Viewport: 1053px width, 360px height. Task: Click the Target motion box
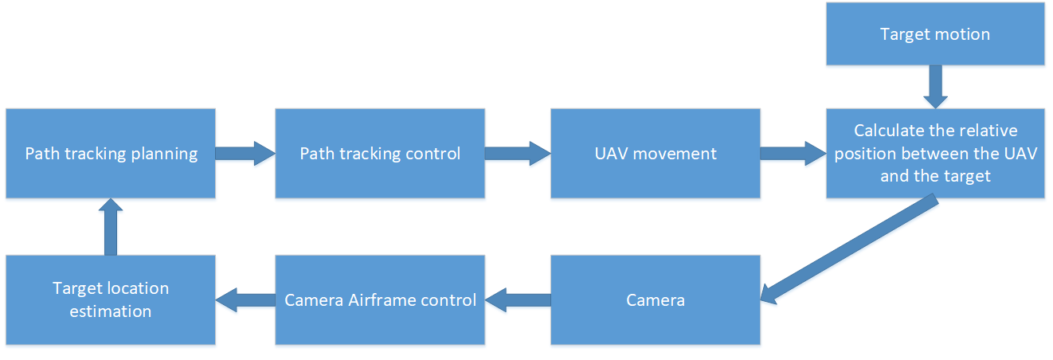(935, 33)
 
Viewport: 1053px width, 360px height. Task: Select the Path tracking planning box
(111, 153)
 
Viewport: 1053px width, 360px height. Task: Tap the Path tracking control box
(380, 153)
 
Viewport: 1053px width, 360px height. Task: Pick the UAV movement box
(655, 153)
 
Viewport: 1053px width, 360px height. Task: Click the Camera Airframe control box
(380, 299)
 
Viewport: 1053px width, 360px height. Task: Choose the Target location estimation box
(111, 299)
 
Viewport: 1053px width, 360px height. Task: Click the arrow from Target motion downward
(935, 86)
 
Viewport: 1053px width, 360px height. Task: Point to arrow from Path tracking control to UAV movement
(517, 153)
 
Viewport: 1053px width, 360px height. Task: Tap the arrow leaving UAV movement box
(793, 153)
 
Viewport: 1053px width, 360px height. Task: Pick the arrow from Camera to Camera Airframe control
(517, 299)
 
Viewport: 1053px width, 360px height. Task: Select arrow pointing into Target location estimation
(245, 299)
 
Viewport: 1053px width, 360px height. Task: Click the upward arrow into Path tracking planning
(111, 227)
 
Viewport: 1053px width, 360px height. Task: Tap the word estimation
(111, 311)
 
